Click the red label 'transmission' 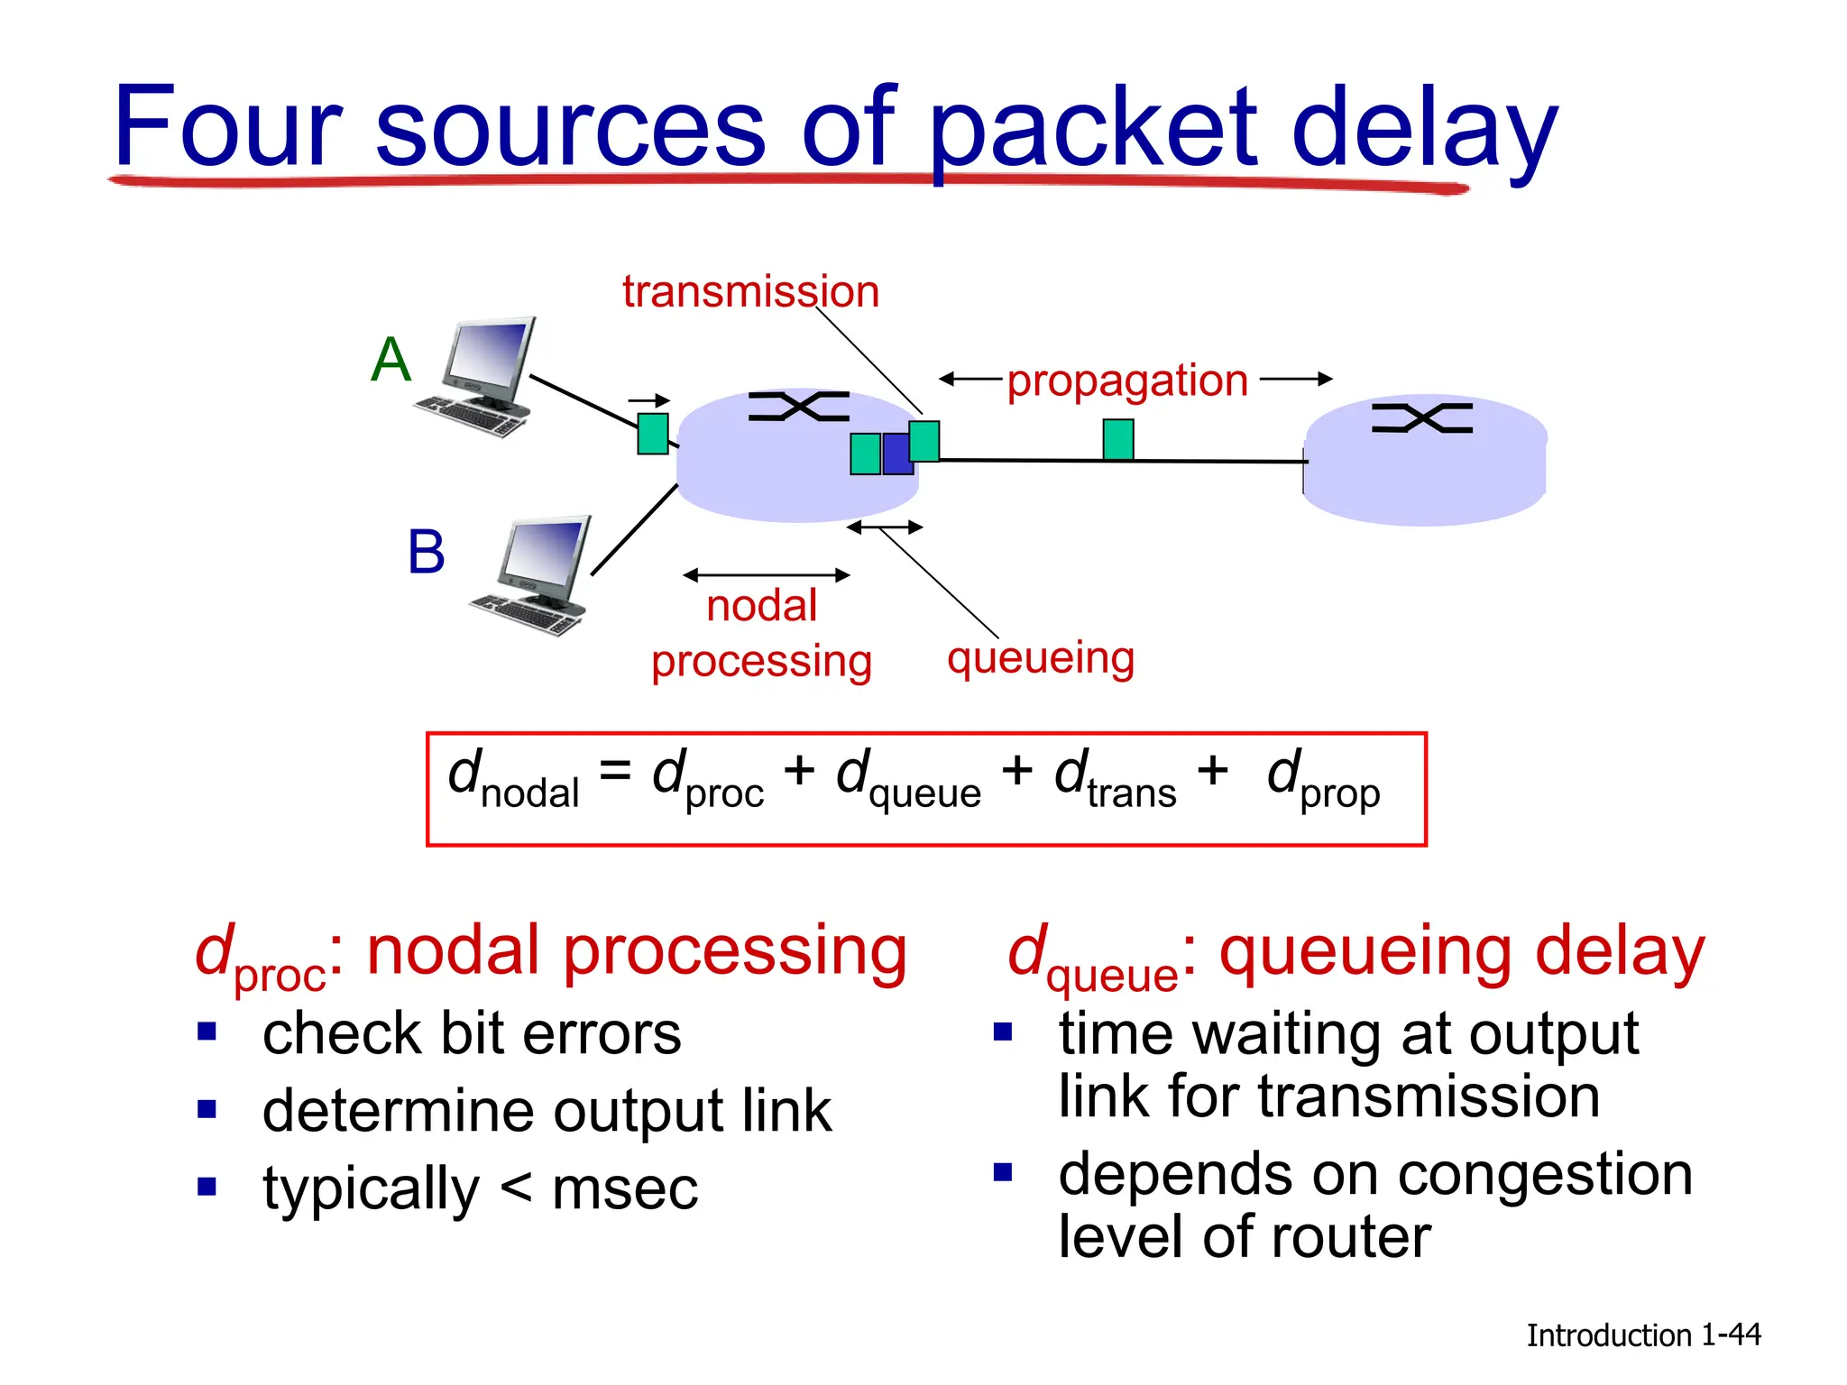coord(750,292)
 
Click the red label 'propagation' coord(1127,381)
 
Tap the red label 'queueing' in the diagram coord(1040,658)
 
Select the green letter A coord(391,360)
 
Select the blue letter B coord(426,552)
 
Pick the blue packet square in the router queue coord(897,454)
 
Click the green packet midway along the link coord(1117,439)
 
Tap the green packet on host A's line coord(653,434)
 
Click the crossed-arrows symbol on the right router coord(1422,418)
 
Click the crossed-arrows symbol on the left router coord(799,407)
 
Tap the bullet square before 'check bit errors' coord(207,1031)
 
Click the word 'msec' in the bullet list coord(625,1188)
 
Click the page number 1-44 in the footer coord(1731,1335)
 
